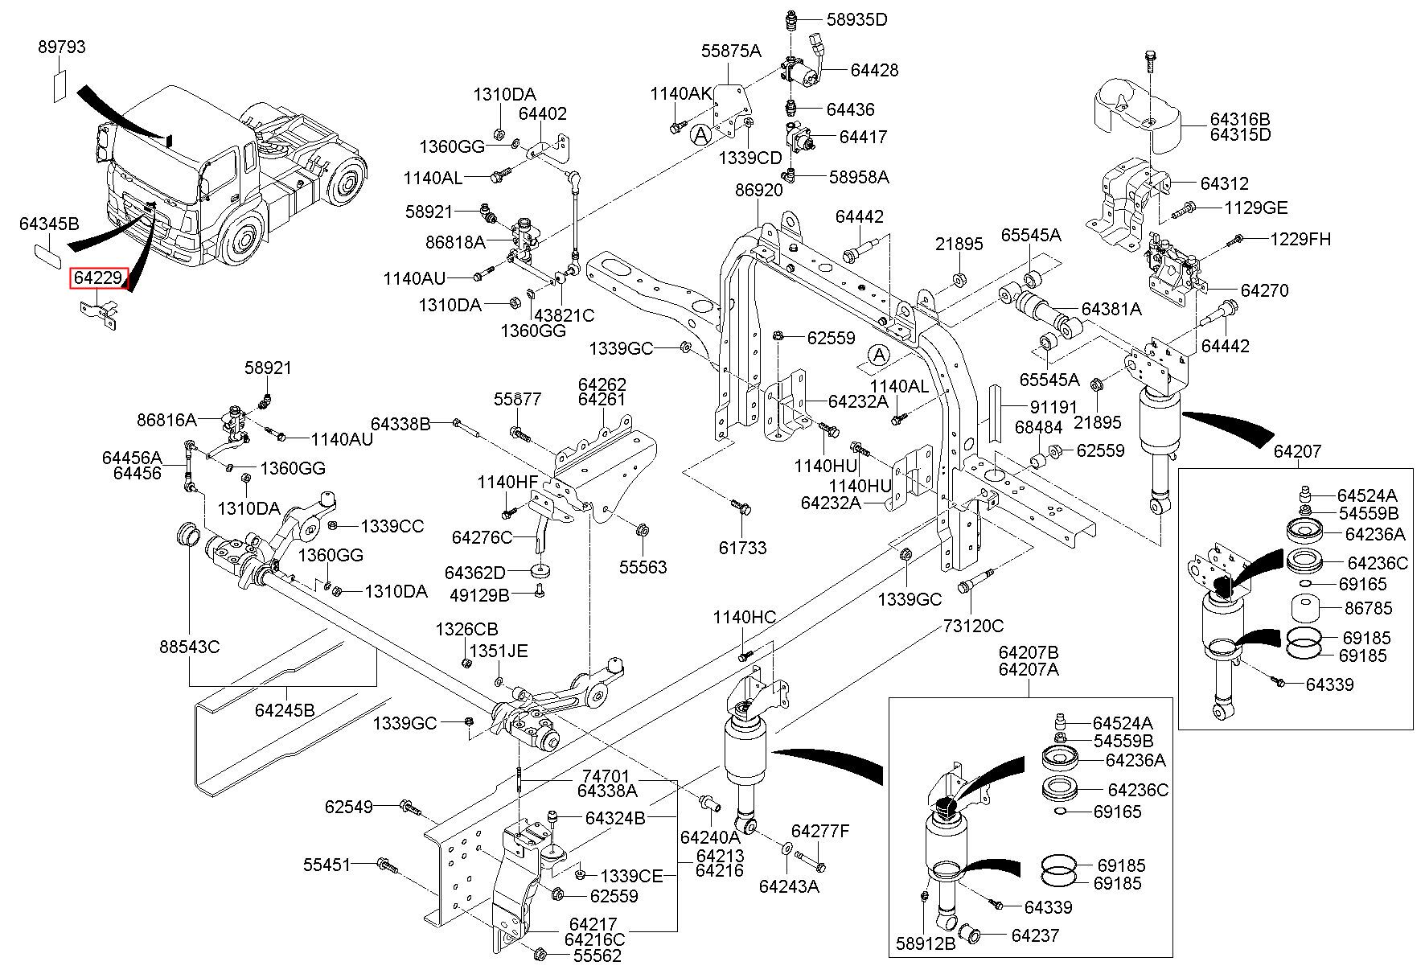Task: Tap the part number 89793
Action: tap(62, 47)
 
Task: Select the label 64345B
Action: tap(49, 224)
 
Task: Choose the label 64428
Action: tap(875, 71)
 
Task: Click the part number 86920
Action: tap(758, 191)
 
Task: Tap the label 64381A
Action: tap(1111, 309)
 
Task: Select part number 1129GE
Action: tap(1256, 208)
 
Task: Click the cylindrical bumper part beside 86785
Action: tap(1307, 607)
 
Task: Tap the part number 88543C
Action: tap(190, 647)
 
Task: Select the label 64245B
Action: tap(285, 710)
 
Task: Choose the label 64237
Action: tap(1035, 936)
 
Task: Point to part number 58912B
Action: tap(926, 943)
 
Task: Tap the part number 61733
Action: tap(743, 548)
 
